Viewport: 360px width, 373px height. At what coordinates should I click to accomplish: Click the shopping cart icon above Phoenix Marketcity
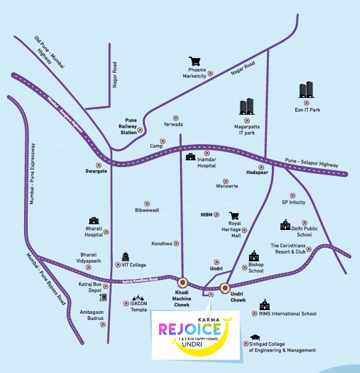(195, 61)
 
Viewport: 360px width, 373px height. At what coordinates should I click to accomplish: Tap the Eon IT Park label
(307, 110)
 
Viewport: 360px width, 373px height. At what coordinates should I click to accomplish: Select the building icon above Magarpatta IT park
(247, 106)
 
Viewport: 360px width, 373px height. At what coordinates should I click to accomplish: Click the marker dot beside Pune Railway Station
(140, 130)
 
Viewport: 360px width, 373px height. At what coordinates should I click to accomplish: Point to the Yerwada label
(173, 124)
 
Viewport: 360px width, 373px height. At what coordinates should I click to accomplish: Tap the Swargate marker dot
(99, 165)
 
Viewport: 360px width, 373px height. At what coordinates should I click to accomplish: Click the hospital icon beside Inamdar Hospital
(190, 157)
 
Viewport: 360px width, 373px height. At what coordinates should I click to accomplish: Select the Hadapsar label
(257, 172)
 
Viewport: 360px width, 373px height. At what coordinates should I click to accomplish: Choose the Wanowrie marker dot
(226, 181)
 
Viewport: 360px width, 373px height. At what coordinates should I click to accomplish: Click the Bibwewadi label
(147, 210)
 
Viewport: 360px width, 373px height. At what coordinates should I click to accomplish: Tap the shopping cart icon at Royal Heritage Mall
(234, 216)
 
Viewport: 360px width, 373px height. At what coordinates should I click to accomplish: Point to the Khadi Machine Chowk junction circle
(182, 282)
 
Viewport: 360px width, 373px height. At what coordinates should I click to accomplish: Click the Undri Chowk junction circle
(225, 288)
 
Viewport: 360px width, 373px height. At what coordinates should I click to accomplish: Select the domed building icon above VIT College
(125, 256)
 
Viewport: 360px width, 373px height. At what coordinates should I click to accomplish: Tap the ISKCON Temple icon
(138, 297)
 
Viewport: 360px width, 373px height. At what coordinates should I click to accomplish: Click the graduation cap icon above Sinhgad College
(255, 337)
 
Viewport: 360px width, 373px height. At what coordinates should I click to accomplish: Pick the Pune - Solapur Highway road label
(311, 163)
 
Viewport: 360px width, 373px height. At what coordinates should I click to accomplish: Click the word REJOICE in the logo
(190, 329)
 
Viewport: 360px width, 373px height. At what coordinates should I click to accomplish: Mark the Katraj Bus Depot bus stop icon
(104, 297)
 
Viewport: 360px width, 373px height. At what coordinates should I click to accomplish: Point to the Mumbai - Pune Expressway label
(32, 174)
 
